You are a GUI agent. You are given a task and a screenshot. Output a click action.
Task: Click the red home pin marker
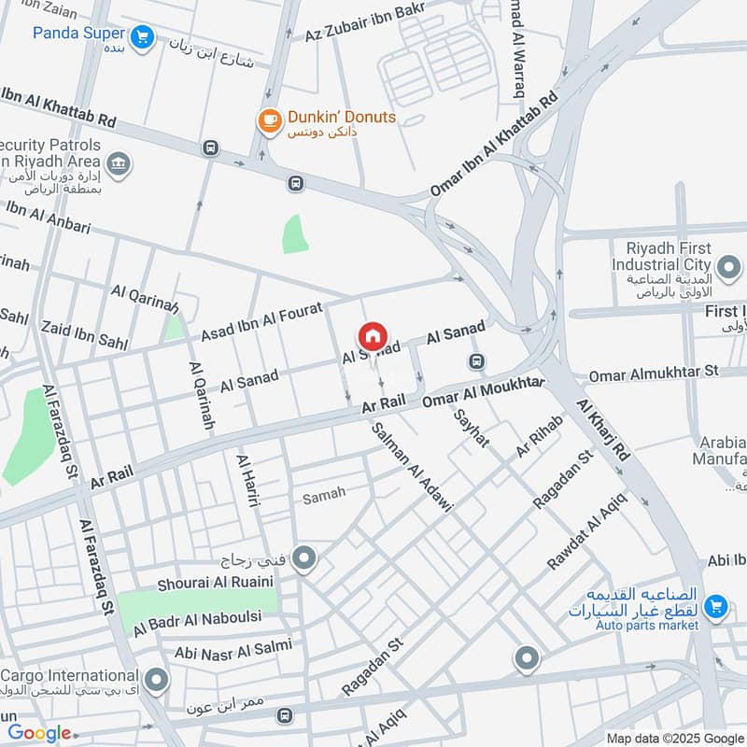(371, 337)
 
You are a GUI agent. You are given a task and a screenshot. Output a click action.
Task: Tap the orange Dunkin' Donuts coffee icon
(269, 120)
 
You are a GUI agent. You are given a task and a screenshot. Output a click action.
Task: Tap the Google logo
(39, 733)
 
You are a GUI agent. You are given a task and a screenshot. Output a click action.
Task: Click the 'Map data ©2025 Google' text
(675, 738)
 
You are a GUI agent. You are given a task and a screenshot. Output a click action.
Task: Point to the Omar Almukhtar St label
(653, 373)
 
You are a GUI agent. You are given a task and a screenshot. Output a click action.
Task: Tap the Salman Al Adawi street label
(412, 466)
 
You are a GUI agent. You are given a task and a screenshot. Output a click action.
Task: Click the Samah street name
(324, 494)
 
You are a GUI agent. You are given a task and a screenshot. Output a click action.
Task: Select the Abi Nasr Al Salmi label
(226, 647)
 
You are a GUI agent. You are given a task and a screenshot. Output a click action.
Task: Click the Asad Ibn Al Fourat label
(261, 320)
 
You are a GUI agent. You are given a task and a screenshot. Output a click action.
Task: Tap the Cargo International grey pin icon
(156, 681)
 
